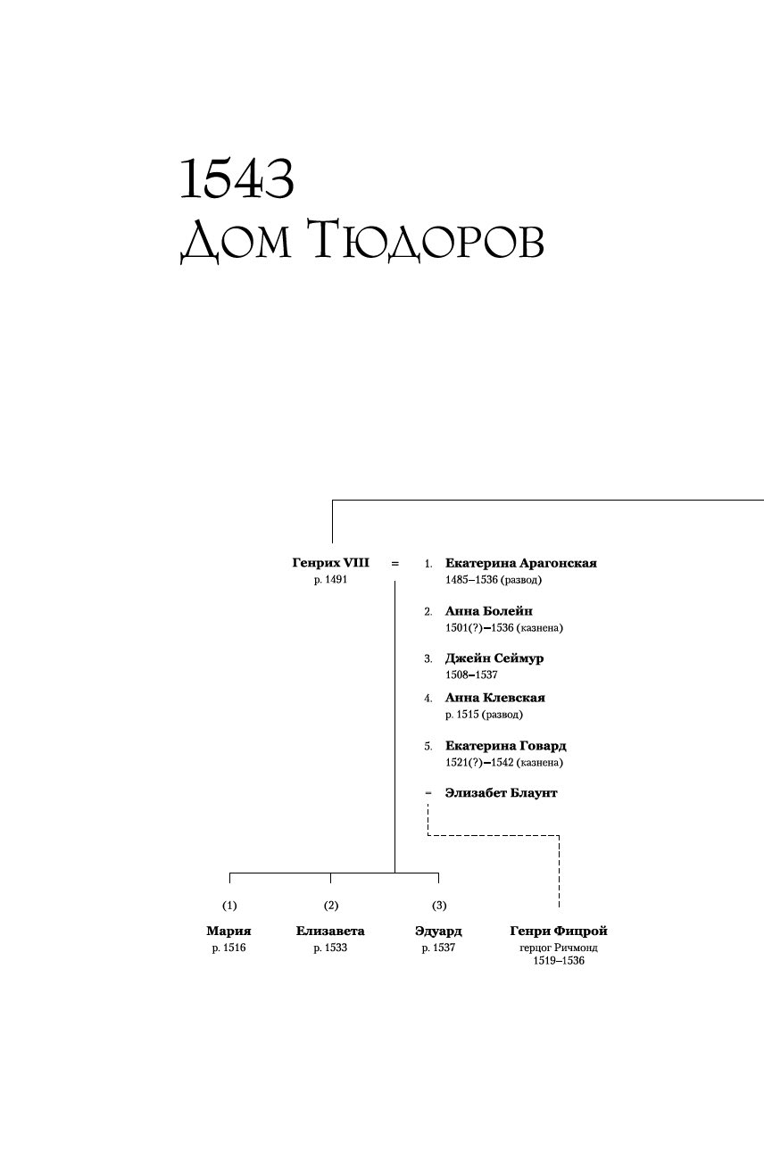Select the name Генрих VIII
(x=330, y=563)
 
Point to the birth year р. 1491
(x=330, y=580)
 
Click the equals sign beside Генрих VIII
(x=394, y=564)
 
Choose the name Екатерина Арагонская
(x=520, y=563)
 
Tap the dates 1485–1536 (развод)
(x=494, y=580)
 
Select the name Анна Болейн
(x=488, y=611)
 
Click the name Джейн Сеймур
(x=494, y=658)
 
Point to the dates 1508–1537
(x=471, y=675)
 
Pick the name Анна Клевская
(x=494, y=698)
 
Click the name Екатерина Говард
(x=505, y=746)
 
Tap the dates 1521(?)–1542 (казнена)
(x=503, y=763)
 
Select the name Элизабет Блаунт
(x=501, y=793)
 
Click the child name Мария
(x=228, y=931)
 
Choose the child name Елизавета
(x=330, y=931)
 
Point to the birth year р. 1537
(x=438, y=948)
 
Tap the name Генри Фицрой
(x=559, y=931)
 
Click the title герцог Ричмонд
(x=559, y=948)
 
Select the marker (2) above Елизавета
(x=331, y=906)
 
